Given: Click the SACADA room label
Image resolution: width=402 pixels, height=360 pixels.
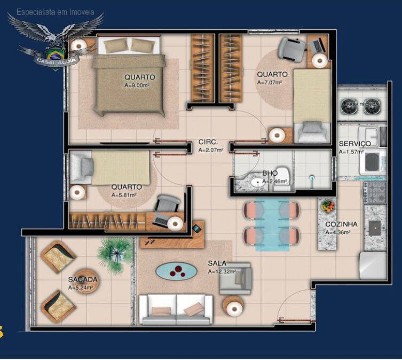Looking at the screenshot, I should click(82, 279).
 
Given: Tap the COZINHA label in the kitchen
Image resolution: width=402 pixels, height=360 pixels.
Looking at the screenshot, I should click(341, 224).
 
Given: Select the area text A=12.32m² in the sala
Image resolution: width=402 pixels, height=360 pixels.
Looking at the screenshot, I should click(222, 271).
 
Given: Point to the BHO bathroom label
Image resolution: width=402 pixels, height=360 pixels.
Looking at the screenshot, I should click(270, 174).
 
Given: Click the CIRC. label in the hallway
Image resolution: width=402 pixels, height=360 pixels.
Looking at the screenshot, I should click(208, 142).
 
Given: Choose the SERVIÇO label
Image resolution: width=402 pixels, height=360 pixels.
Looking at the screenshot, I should click(354, 144).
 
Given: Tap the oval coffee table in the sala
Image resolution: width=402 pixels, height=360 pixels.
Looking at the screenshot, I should click(176, 271).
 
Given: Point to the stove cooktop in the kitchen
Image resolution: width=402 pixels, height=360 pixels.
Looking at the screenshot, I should click(376, 191).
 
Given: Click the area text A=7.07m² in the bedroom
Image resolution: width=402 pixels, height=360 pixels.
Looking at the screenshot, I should click(270, 83).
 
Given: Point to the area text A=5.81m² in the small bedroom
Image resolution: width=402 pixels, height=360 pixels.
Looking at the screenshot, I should click(124, 195).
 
